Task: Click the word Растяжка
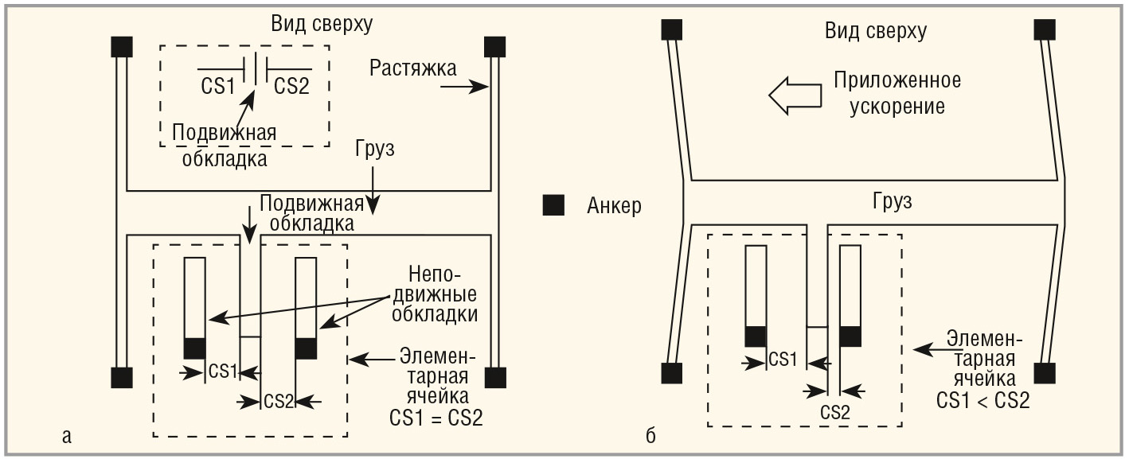tap(412, 68)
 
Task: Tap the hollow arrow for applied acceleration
tap(794, 94)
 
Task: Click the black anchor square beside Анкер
tap(553, 204)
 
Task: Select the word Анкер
tap(614, 206)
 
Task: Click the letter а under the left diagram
tap(67, 434)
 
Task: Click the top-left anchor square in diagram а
tap(121, 46)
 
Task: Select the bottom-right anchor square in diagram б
tap(1044, 372)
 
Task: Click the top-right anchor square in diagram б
tap(1045, 30)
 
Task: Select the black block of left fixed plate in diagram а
tap(195, 348)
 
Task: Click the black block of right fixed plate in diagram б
tap(850, 336)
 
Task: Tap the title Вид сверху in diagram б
tap(875, 32)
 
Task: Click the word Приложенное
tap(897, 80)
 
